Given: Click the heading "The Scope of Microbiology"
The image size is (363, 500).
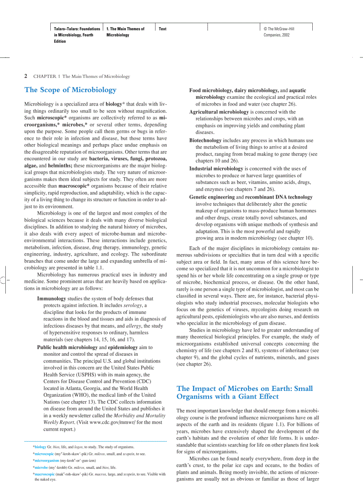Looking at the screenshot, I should [x=70, y=90].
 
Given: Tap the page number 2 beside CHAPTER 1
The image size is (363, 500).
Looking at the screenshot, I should [x=26, y=76].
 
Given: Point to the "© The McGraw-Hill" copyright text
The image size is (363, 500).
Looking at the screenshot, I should [x=279, y=29].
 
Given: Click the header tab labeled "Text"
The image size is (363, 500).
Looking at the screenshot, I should [x=162, y=29].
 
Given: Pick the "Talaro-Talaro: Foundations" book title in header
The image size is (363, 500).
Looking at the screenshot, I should [x=77, y=29].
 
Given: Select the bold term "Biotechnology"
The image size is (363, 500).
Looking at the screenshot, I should [x=205, y=140].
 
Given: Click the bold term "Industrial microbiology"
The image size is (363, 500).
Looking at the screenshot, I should [x=216, y=169].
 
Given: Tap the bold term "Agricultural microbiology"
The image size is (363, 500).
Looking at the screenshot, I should [x=219, y=112].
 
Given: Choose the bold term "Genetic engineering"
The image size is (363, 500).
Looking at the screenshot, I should [x=212, y=197].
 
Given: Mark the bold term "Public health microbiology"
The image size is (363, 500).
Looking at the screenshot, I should [x=67, y=347].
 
